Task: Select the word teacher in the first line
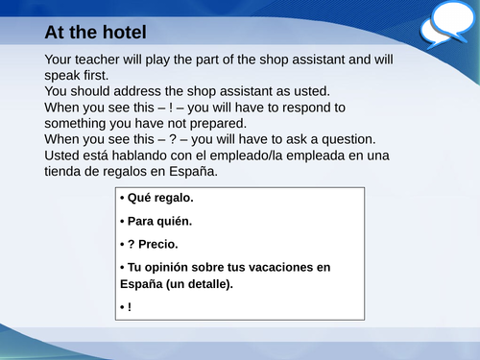103,60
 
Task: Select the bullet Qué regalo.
159,199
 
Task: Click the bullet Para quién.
159,221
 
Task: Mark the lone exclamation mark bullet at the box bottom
129,307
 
